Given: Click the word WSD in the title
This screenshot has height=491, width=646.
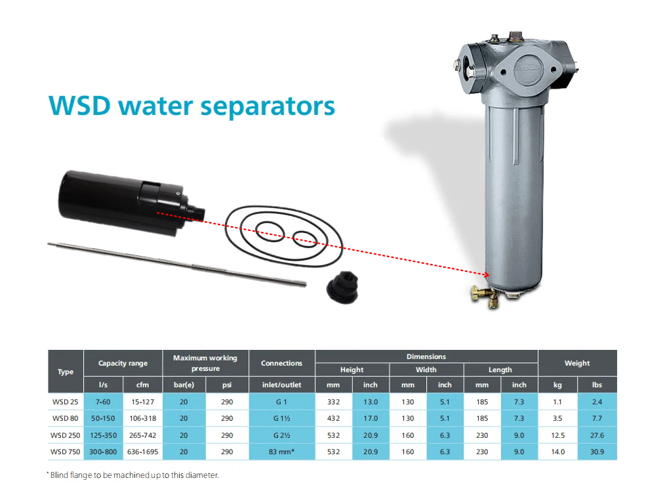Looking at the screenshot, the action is tap(80, 106).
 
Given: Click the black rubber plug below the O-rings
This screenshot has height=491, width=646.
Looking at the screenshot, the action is tap(342, 288).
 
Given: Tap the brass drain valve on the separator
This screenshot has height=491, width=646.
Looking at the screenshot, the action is tap(487, 297).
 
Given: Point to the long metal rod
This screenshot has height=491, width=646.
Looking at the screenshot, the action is tap(177, 264).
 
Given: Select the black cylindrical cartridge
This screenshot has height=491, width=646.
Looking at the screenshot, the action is tap(131, 202).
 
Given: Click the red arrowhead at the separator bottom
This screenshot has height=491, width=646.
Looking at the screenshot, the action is tap(487, 274).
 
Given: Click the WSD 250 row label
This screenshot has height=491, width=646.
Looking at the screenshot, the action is tap(65, 435).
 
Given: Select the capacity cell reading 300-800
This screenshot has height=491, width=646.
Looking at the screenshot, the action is tap(103, 452).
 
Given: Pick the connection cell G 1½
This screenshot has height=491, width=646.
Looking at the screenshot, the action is tap(282, 418).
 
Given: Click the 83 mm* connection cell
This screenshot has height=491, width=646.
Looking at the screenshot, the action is tap(282, 452).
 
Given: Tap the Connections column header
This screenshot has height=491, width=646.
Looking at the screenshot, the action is tap(282, 363).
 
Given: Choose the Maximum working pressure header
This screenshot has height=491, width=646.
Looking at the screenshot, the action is tap(205, 363).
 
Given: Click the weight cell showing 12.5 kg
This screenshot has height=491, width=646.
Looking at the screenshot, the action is tap(557, 435).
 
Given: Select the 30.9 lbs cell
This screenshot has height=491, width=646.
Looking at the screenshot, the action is tap(597, 452).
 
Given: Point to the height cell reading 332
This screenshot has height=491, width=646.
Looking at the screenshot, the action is tap(333, 402).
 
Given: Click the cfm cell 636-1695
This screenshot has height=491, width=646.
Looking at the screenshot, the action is tap(142, 452).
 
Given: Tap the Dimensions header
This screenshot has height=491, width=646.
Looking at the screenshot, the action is tap(426, 356).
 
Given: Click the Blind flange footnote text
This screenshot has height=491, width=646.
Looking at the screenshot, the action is tap(133, 475).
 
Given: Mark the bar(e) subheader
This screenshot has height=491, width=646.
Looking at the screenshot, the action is tap(184, 385).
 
